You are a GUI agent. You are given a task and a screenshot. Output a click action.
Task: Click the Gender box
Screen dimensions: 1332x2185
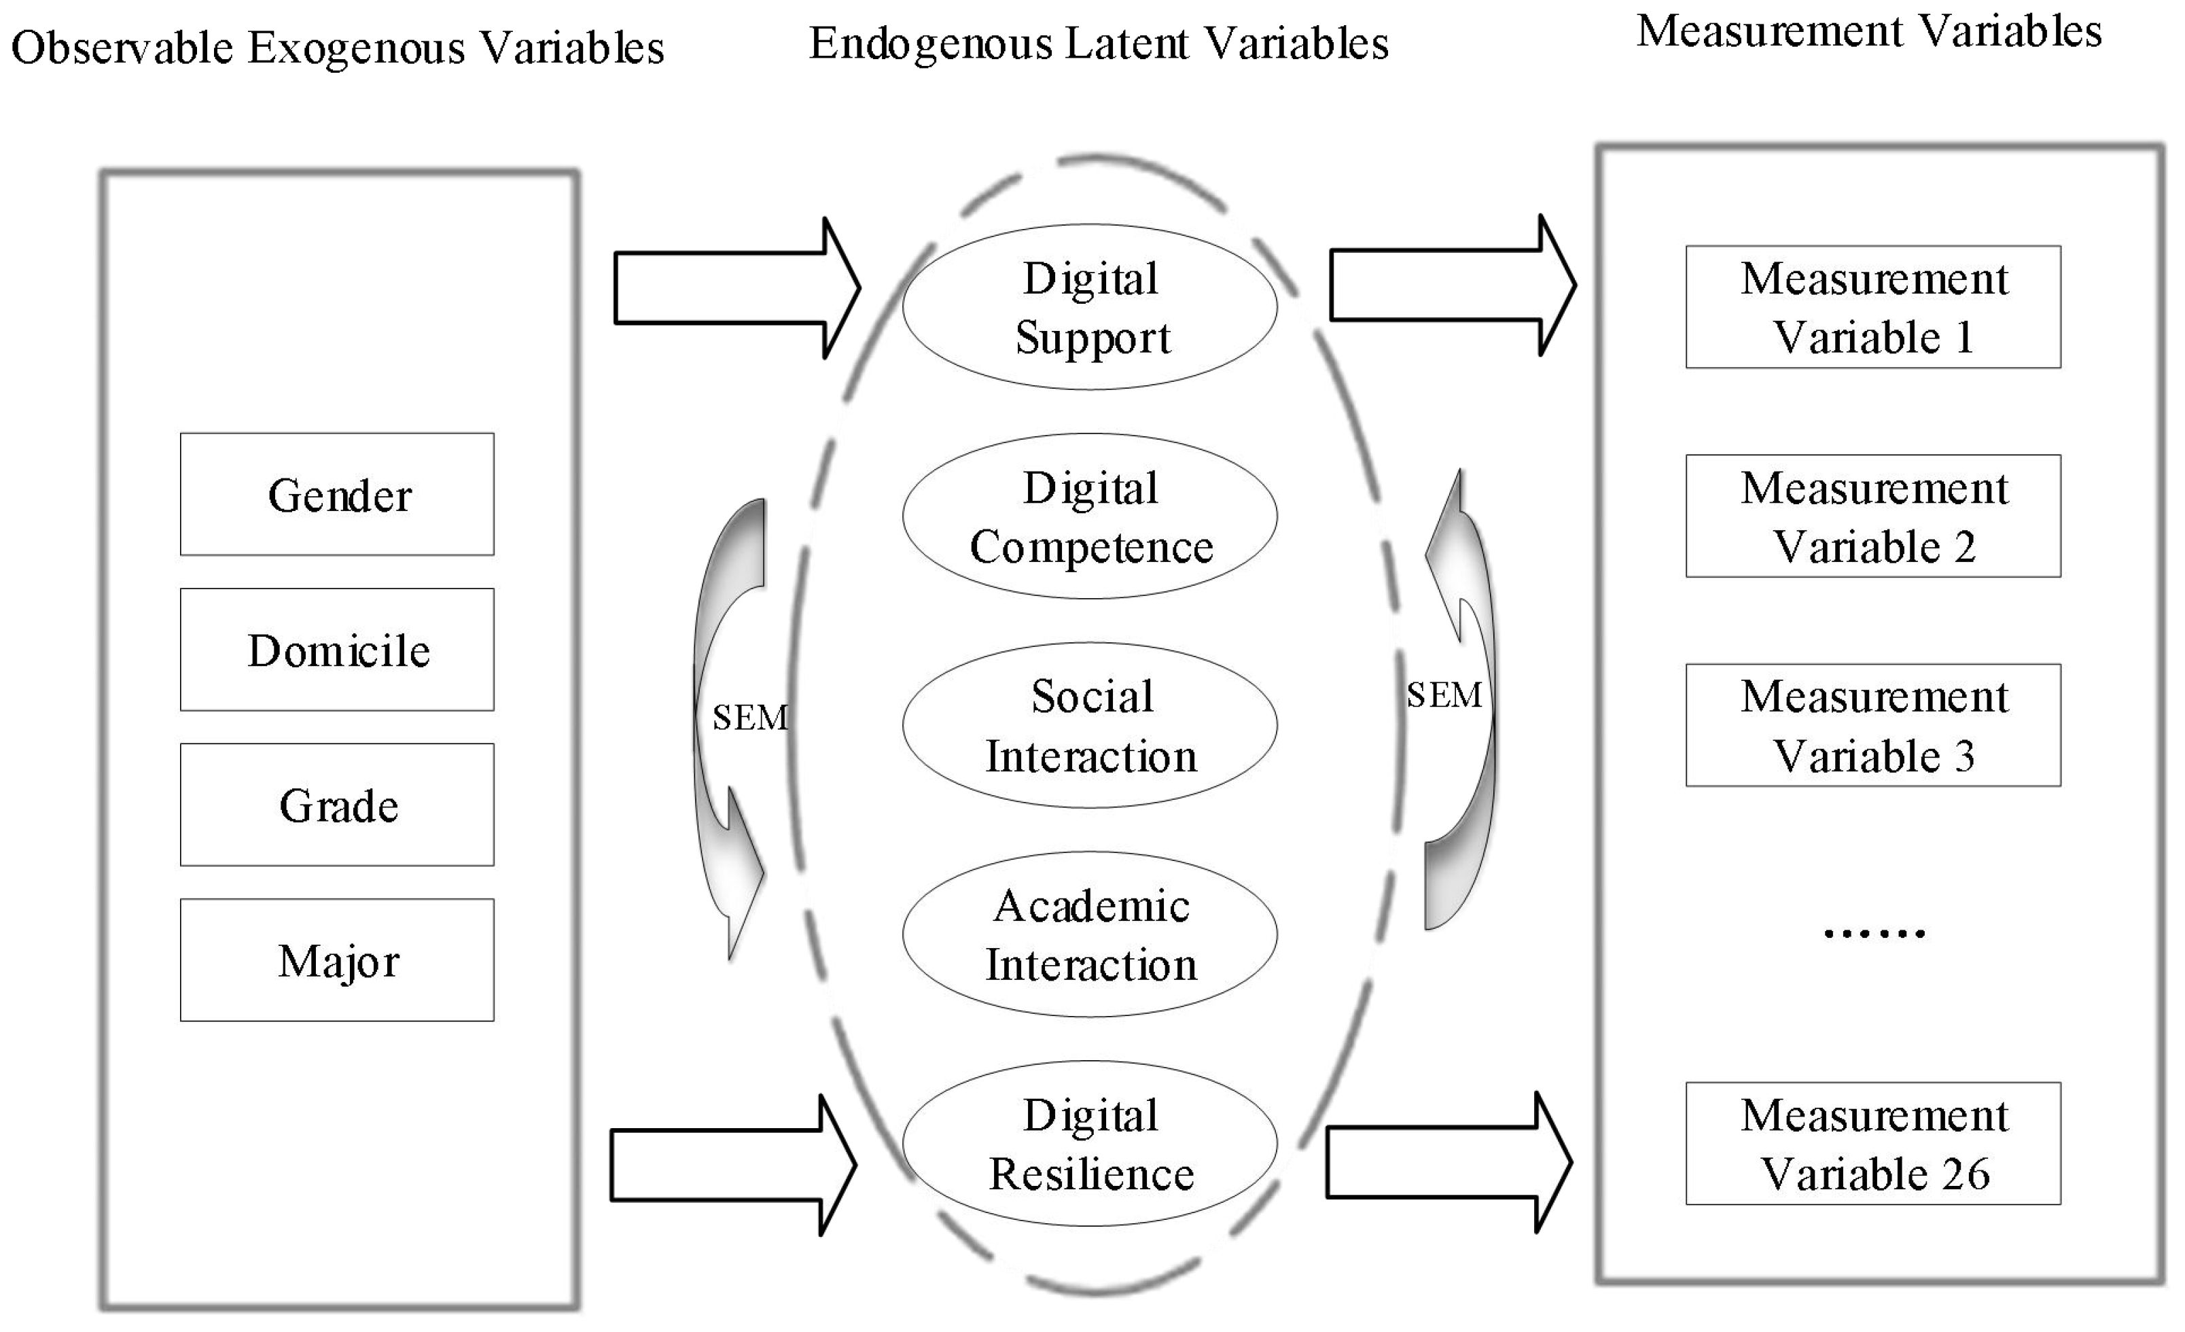pyautogui.click(x=337, y=494)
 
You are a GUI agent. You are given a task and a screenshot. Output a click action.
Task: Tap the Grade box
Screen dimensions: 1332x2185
pyautogui.click(x=337, y=805)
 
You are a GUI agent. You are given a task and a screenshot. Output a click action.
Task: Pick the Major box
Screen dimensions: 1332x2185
pyautogui.click(x=337, y=960)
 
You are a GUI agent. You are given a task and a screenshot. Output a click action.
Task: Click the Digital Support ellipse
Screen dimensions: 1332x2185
pyautogui.click(x=1090, y=307)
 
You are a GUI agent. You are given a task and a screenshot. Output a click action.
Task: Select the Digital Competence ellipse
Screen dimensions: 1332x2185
pyautogui.click(x=1090, y=516)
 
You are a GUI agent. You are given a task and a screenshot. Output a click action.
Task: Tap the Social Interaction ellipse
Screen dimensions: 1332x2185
pyautogui.click(x=1090, y=725)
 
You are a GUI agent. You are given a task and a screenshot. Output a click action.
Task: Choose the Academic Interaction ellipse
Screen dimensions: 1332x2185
pyautogui.click(x=1090, y=934)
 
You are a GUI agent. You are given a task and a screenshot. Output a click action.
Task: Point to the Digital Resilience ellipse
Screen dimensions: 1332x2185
pyautogui.click(x=1090, y=1143)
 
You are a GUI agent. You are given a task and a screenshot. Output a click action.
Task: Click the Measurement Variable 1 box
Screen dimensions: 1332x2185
pyautogui.click(x=1873, y=307)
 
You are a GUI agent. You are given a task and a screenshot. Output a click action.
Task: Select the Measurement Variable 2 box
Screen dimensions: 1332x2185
pyautogui.click(x=1873, y=516)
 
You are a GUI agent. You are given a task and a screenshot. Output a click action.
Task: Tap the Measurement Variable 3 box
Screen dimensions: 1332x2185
pyautogui.click(x=1873, y=725)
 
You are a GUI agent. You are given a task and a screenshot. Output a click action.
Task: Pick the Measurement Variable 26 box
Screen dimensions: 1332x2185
pyautogui.click(x=1873, y=1143)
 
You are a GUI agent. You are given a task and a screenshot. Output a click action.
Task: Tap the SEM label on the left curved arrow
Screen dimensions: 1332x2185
pyautogui.click(x=749, y=718)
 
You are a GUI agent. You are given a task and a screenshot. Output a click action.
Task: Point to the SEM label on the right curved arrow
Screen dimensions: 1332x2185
pyautogui.click(x=1444, y=695)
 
